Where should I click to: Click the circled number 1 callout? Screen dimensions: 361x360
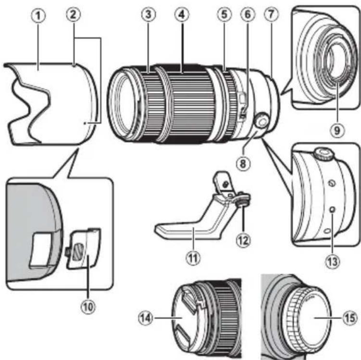coord(38,16)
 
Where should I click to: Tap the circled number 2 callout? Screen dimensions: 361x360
coord(73,15)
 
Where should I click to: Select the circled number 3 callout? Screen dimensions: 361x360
coord(148,14)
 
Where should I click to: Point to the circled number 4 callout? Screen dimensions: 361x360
coord(182,14)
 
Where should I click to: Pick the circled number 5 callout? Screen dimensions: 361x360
coord(224,14)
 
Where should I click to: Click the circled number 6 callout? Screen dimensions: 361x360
coord(248,14)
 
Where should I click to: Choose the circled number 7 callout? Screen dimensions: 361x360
coord(271,14)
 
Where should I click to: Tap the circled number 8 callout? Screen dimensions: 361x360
coord(243,164)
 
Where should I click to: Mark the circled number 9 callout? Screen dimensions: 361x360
coord(337,130)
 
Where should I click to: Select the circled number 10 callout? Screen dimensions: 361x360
coord(88,307)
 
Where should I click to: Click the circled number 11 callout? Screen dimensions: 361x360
coord(193,258)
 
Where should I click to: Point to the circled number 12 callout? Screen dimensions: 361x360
coord(243,241)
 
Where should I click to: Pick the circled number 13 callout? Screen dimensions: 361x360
coord(333,261)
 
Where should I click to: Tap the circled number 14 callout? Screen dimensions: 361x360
coord(146,318)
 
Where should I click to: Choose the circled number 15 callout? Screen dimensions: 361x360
coord(350,318)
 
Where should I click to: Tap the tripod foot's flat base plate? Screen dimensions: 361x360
coord(182,231)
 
